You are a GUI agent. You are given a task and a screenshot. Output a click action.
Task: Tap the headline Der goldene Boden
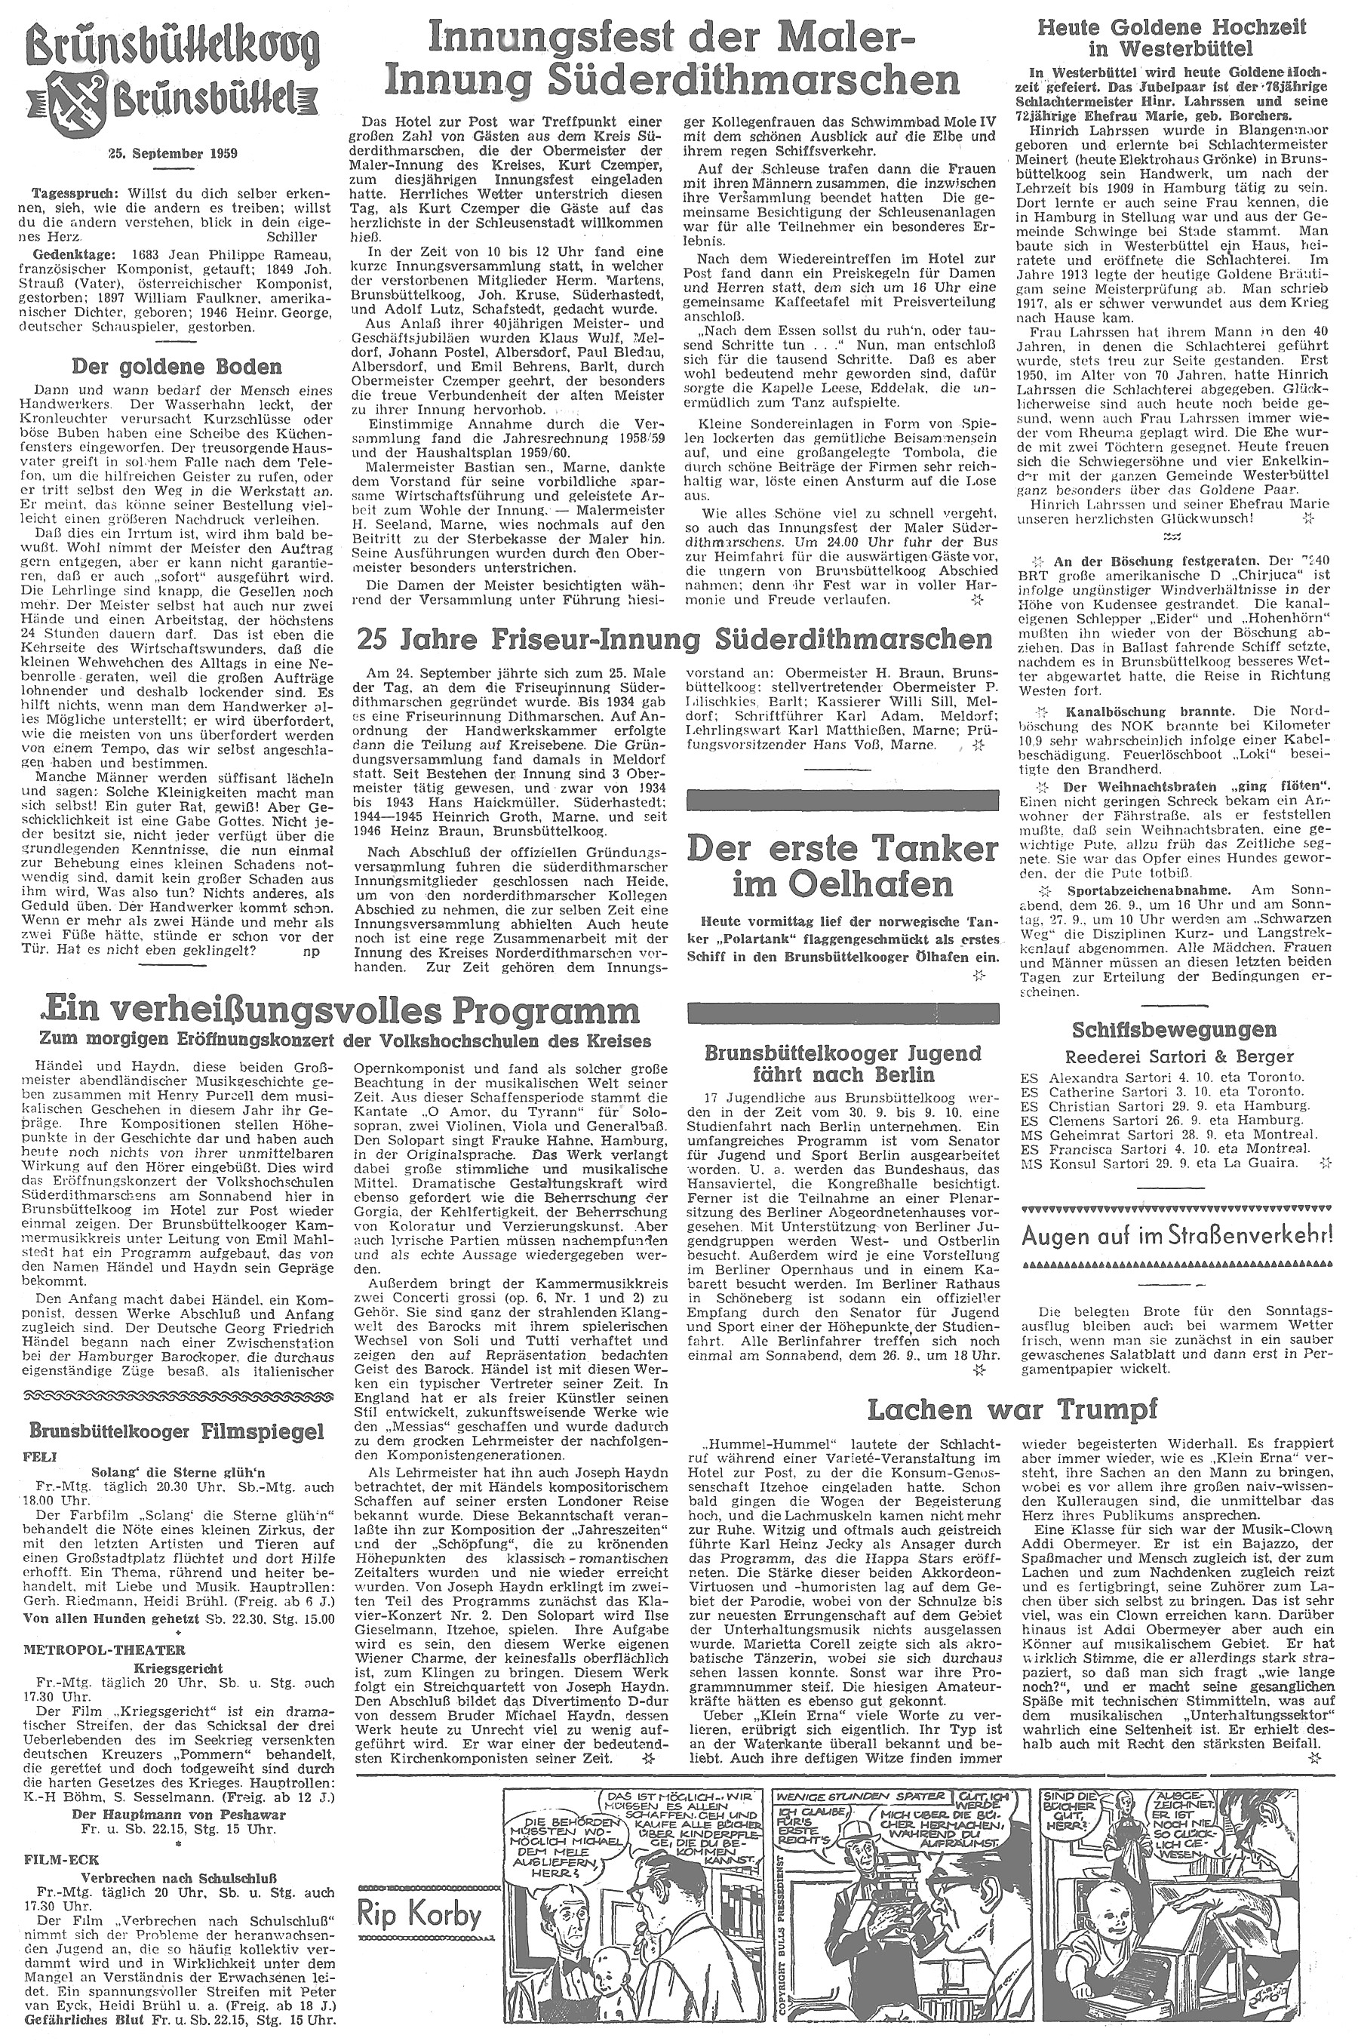[x=176, y=366]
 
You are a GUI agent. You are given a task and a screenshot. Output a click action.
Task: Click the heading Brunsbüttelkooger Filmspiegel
[x=176, y=1430]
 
